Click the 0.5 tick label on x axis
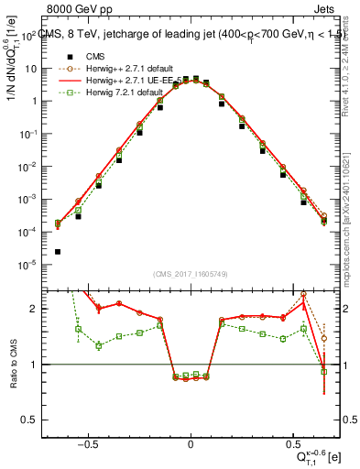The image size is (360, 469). tap(293, 442)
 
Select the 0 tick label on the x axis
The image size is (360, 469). tap(191, 442)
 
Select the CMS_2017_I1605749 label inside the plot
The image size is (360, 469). tap(191, 275)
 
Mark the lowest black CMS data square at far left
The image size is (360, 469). tap(58, 251)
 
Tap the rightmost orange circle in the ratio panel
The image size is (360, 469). tap(323, 338)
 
